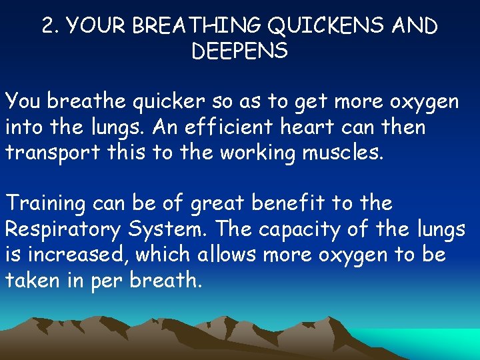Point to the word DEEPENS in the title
click(x=239, y=51)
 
